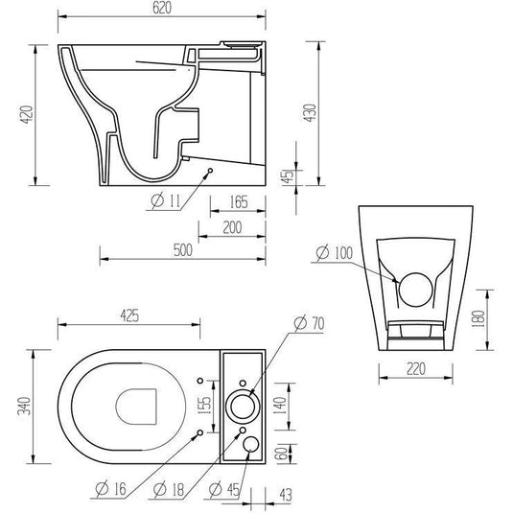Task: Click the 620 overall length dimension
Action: [x=162, y=8]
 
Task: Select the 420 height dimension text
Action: [x=27, y=114]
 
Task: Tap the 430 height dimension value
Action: [x=310, y=113]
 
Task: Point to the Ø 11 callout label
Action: [x=166, y=200]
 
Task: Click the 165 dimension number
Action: [x=239, y=202]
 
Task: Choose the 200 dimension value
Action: [x=232, y=227]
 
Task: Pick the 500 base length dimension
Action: [x=182, y=250]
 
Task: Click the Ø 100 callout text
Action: [x=335, y=252]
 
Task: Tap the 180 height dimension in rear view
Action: [x=478, y=319]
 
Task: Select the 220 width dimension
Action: [x=416, y=369]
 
